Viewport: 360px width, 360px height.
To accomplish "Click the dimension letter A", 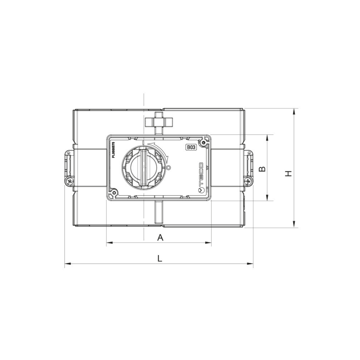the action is click(160, 237).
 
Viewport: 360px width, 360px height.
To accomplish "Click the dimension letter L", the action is click(160, 258).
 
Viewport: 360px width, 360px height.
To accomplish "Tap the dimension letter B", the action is click(262, 169).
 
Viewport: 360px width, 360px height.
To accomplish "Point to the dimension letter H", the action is click(288, 173).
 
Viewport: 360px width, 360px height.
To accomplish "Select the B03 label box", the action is click(191, 147).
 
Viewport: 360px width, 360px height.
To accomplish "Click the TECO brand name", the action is click(201, 174).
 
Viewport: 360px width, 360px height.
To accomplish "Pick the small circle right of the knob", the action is click(169, 168).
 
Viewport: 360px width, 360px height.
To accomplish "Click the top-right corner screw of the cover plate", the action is click(204, 143).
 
